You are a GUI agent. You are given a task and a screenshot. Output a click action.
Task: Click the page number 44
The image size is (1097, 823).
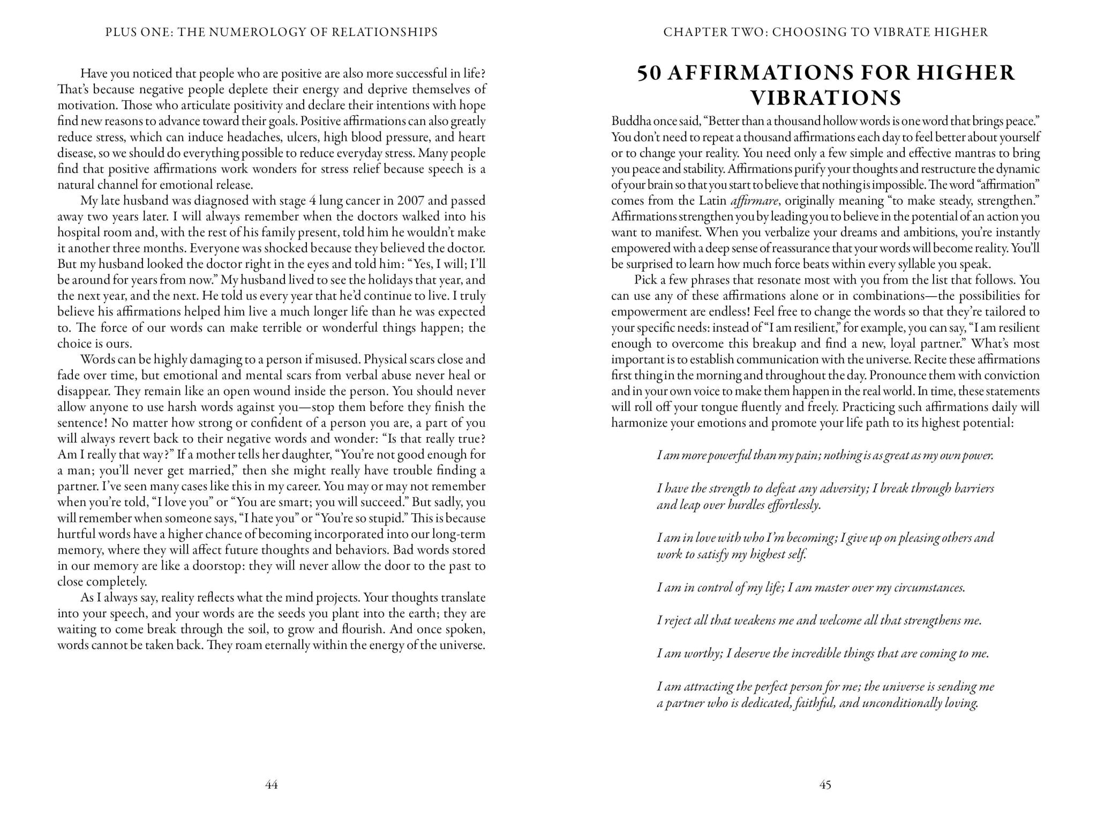[x=271, y=785]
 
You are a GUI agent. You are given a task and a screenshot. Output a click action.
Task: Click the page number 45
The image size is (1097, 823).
[x=825, y=785]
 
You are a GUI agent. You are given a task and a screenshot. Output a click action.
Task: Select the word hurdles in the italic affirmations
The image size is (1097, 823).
[x=746, y=505]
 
